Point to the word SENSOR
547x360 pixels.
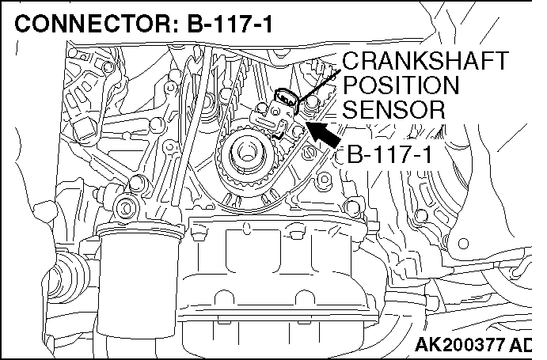pos(394,109)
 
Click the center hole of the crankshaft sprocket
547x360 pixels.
pos(246,153)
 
